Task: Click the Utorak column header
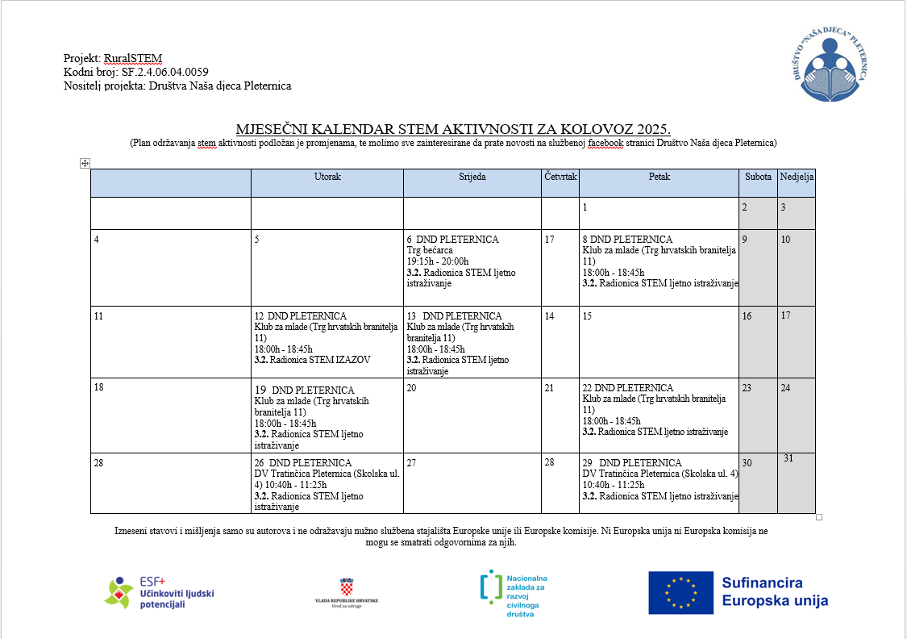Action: point(327,177)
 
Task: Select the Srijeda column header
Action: point(472,177)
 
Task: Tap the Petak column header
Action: point(659,177)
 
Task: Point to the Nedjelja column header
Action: point(797,177)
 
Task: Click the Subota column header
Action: point(757,177)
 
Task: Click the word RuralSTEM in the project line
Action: point(133,58)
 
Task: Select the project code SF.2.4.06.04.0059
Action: point(164,72)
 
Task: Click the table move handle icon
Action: point(85,164)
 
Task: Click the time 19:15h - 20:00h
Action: point(438,261)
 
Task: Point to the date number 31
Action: point(788,458)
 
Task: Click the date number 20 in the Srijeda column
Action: point(412,388)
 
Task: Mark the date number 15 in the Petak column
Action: point(588,316)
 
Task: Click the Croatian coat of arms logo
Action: point(347,586)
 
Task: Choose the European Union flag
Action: point(680,593)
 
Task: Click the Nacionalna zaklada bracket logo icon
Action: point(488,588)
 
